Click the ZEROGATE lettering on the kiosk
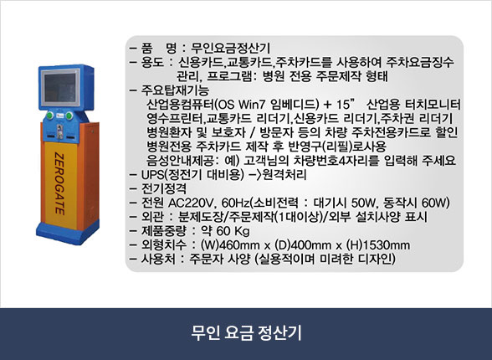59,183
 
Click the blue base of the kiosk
68,232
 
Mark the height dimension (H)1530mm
378,244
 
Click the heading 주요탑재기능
175,90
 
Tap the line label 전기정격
163,188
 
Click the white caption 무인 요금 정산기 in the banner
246,332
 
